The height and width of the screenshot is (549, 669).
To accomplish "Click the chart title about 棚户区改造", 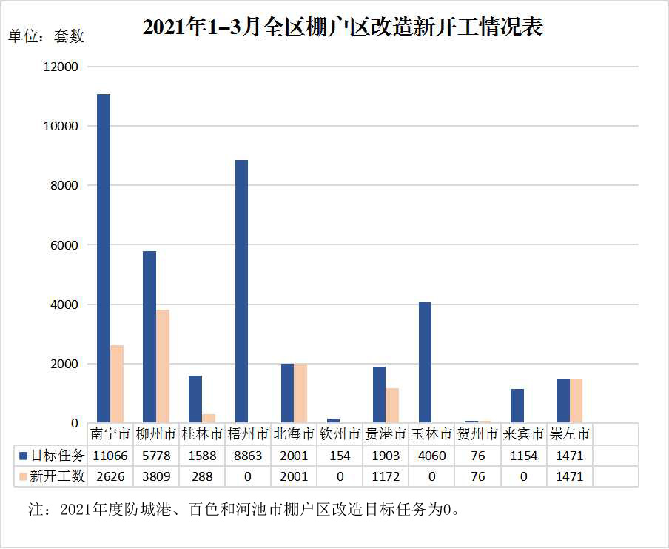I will click(x=343, y=27).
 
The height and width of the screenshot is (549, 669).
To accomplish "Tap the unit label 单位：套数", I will click(x=46, y=36).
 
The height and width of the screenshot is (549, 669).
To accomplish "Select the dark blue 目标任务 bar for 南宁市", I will click(x=104, y=259).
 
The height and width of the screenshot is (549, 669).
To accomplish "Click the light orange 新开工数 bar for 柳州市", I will click(x=163, y=366).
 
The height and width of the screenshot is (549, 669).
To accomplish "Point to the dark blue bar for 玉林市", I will click(x=425, y=362).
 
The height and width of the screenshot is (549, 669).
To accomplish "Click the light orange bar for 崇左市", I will click(x=576, y=401).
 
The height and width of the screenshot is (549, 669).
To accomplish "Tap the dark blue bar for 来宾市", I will click(x=517, y=406).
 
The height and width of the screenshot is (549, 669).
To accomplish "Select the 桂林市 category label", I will click(x=202, y=433).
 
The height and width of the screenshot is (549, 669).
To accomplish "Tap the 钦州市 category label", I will click(x=340, y=433).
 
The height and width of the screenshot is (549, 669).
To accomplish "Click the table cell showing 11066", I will click(x=110, y=455).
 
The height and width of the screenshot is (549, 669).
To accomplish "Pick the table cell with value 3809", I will click(x=156, y=476).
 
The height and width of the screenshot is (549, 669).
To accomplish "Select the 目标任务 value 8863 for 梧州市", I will click(x=248, y=455).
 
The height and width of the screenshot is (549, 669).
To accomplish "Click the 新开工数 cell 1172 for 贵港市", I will click(x=386, y=476).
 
